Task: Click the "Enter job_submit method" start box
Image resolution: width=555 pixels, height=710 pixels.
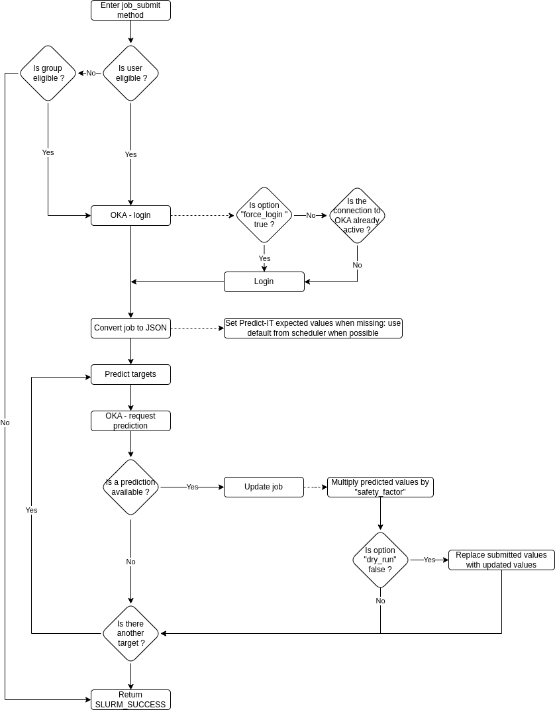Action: [x=130, y=10]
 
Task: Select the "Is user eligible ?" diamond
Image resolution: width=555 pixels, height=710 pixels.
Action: [x=130, y=73]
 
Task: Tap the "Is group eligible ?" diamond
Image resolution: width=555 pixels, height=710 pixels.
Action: [x=48, y=73]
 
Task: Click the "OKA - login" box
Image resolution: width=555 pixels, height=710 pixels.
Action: [x=130, y=215]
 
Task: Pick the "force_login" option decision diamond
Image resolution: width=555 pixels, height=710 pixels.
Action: [x=264, y=215]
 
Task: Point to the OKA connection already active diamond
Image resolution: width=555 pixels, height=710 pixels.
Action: [x=357, y=215]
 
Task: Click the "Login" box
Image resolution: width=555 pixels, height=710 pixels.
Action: [x=264, y=281]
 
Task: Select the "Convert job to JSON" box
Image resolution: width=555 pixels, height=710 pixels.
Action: [x=130, y=328]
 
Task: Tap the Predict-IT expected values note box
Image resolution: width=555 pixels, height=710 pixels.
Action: [x=313, y=328]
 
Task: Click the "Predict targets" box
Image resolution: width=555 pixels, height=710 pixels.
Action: [x=130, y=374]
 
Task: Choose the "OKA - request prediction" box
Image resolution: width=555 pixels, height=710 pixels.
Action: [x=130, y=421]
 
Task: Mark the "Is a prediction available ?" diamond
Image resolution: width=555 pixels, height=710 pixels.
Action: [x=130, y=487]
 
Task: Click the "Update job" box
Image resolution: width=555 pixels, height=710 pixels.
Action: [x=264, y=487]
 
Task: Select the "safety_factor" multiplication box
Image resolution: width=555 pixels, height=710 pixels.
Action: [x=380, y=487]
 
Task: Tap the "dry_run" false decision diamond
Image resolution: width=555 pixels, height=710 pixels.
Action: [x=380, y=560]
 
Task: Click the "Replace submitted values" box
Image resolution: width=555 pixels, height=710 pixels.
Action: [x=501, y=560]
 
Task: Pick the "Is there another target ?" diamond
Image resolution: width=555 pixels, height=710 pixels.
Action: [x=130, y=633]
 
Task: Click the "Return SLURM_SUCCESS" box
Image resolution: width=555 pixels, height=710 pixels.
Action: [x=130, y=699]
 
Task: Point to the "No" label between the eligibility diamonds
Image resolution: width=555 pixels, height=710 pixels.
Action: [x=91, y=73]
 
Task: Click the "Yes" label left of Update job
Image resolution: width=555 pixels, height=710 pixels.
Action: [x=192, y=487]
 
